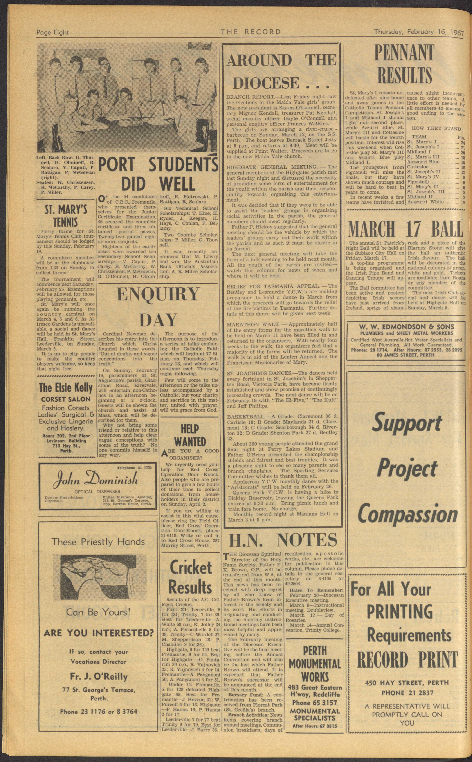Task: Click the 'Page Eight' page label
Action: click(x=52, y=32)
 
